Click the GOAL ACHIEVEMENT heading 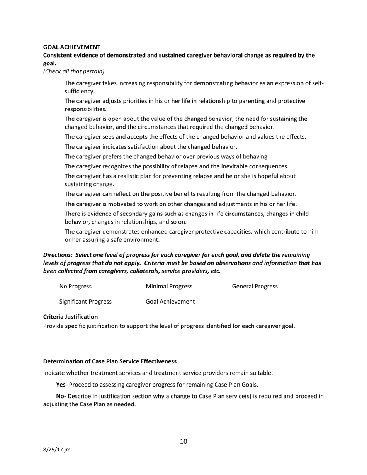tap(71, 47)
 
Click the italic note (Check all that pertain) tap(73, 71)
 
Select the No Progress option tap(75, 287)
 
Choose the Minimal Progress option tap(169, 287)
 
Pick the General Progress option tap(255, 287)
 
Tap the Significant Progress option tap(85, 302)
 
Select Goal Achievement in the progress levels tap(170, 302)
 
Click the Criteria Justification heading tap(70, 317)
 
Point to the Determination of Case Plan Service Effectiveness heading tap(110, 361)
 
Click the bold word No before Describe tap(60, 396)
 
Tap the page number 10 tap(183, 441)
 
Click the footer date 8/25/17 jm tap(57, 450)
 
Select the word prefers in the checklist tap(112, 157)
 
